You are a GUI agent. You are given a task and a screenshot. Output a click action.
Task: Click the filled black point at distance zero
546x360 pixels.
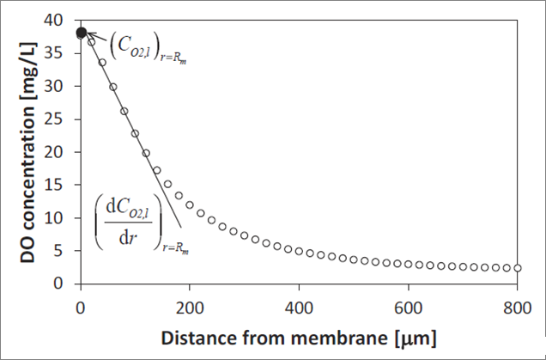pyautogui.click(x=81, y=33)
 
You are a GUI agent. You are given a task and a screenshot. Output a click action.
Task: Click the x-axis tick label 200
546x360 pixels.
pyautogui.click(x=190, y=307)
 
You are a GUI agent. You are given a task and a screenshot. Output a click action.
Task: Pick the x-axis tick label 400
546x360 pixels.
pyautogui.click(x=299, y=307)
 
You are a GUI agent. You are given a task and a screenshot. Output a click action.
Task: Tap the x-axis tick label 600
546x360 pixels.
pyautogui.click(x=408, y=307)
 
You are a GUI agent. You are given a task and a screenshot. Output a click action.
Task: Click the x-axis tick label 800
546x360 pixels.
pyautogui.click(x=517, y=307)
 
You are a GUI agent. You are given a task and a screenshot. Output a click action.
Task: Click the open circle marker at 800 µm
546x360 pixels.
pyautogui.click(x=517, y=268)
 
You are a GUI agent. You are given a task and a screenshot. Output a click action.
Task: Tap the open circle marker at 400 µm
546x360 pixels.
pyautogui.click(x=299, y=251)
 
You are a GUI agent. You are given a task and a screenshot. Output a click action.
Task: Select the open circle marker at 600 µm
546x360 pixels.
pyautogui.click(x=408, y=264)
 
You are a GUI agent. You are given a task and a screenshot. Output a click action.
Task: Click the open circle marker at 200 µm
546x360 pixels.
pyautogui.click(x=190, y=206)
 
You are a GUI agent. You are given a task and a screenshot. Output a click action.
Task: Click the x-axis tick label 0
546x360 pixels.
pyautogui.click(x=81, y=307)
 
